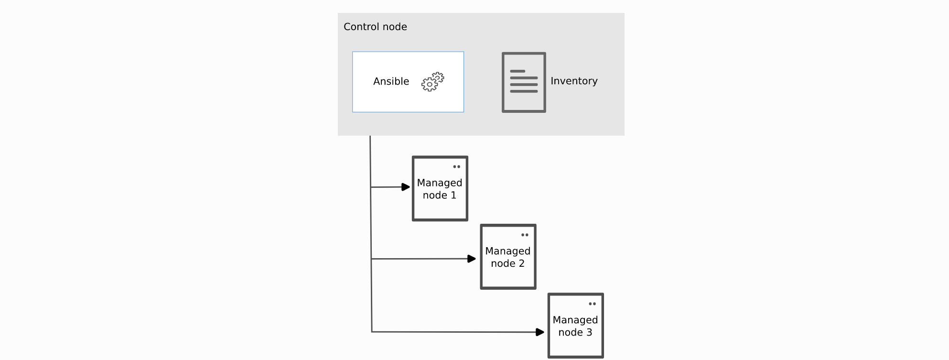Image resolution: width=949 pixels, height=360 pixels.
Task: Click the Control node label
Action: [x=375, y=27]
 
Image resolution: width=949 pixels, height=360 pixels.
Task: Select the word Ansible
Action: [x=391, y=81]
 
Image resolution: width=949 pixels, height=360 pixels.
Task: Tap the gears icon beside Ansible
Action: [x=432, y=82]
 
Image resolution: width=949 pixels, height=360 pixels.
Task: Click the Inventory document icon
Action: [x=524, y=82]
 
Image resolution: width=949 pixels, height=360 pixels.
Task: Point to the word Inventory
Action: [x=574, y=81]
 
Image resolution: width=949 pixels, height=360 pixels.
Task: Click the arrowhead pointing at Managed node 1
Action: [x=406, y=187]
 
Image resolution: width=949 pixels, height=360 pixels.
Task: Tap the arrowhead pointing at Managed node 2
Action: [x=472, y=259]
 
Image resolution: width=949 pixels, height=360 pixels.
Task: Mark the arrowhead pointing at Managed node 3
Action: [x=540, y=332]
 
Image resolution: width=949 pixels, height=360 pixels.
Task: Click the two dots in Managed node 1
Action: [x=456, y=167]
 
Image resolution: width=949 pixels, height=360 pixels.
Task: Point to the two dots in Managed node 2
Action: [x=525, y=235]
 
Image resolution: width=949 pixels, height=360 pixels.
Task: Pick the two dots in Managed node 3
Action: [x=592, y=304]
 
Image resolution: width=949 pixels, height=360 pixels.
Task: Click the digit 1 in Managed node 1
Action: [x=453, y=195]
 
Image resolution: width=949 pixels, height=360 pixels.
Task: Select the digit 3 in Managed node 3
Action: [x=589, y=332]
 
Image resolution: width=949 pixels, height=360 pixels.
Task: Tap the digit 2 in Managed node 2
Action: [x=521, y=263]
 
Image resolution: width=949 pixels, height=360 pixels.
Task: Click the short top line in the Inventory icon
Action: [x=518, y=71]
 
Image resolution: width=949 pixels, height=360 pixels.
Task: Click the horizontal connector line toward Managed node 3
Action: [x=454, y=332]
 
